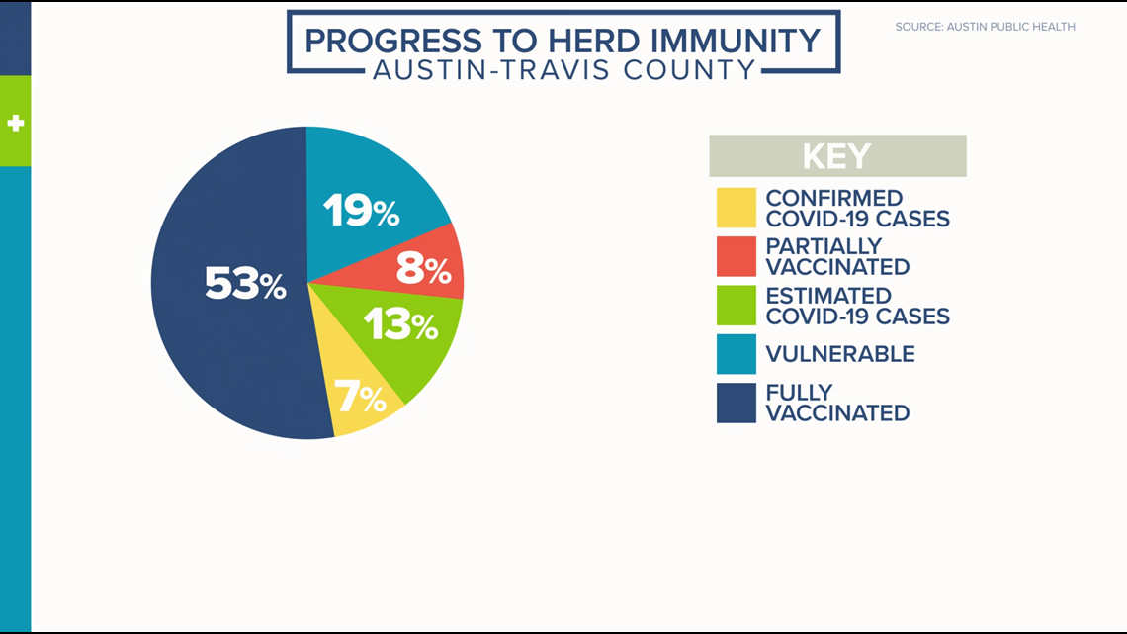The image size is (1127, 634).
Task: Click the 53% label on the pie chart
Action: coord(246,283)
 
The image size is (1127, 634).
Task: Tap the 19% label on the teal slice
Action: coord(361,211)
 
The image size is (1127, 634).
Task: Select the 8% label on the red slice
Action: coord(423,268)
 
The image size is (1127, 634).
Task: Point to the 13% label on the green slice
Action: coord(400,324)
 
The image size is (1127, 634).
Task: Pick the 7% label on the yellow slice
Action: coord(360,396)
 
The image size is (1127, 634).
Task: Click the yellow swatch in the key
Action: coord(736,208)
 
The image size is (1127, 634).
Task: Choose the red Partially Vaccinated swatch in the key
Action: coord(736,256)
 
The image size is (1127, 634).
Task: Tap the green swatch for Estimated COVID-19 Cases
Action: coord(736,306)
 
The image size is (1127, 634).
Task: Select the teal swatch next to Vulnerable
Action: coord(736,354)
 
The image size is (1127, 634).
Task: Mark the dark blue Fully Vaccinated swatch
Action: coord(736,403)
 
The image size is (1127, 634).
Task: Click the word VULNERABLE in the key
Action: coord(840,354)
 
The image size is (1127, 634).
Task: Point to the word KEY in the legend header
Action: coord(836,156)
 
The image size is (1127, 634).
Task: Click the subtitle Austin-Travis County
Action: coord(564,70)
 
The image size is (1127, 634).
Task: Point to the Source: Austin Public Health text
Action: coord(986,27)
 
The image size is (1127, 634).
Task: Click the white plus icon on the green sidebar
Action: coord(15,123)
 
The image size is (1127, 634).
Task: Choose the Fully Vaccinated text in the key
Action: coord(837,403)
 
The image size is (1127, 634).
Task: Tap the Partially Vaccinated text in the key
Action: coord(837,256)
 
